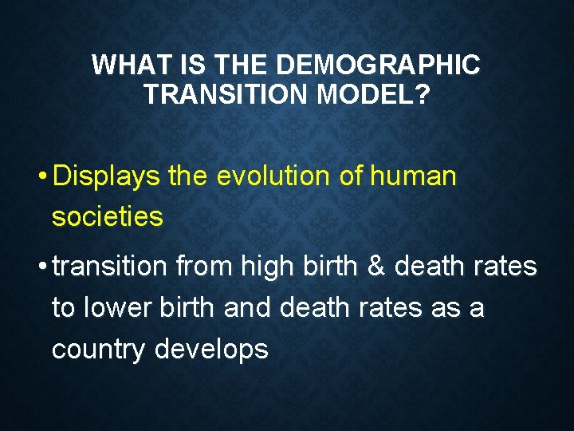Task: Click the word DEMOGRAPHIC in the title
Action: [381, 65]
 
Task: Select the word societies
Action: [108, 215]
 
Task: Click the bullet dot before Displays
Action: [41, 177]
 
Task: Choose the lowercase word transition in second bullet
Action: [110, 267]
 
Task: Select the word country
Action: [100, 349]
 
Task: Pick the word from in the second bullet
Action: [202, 267]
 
